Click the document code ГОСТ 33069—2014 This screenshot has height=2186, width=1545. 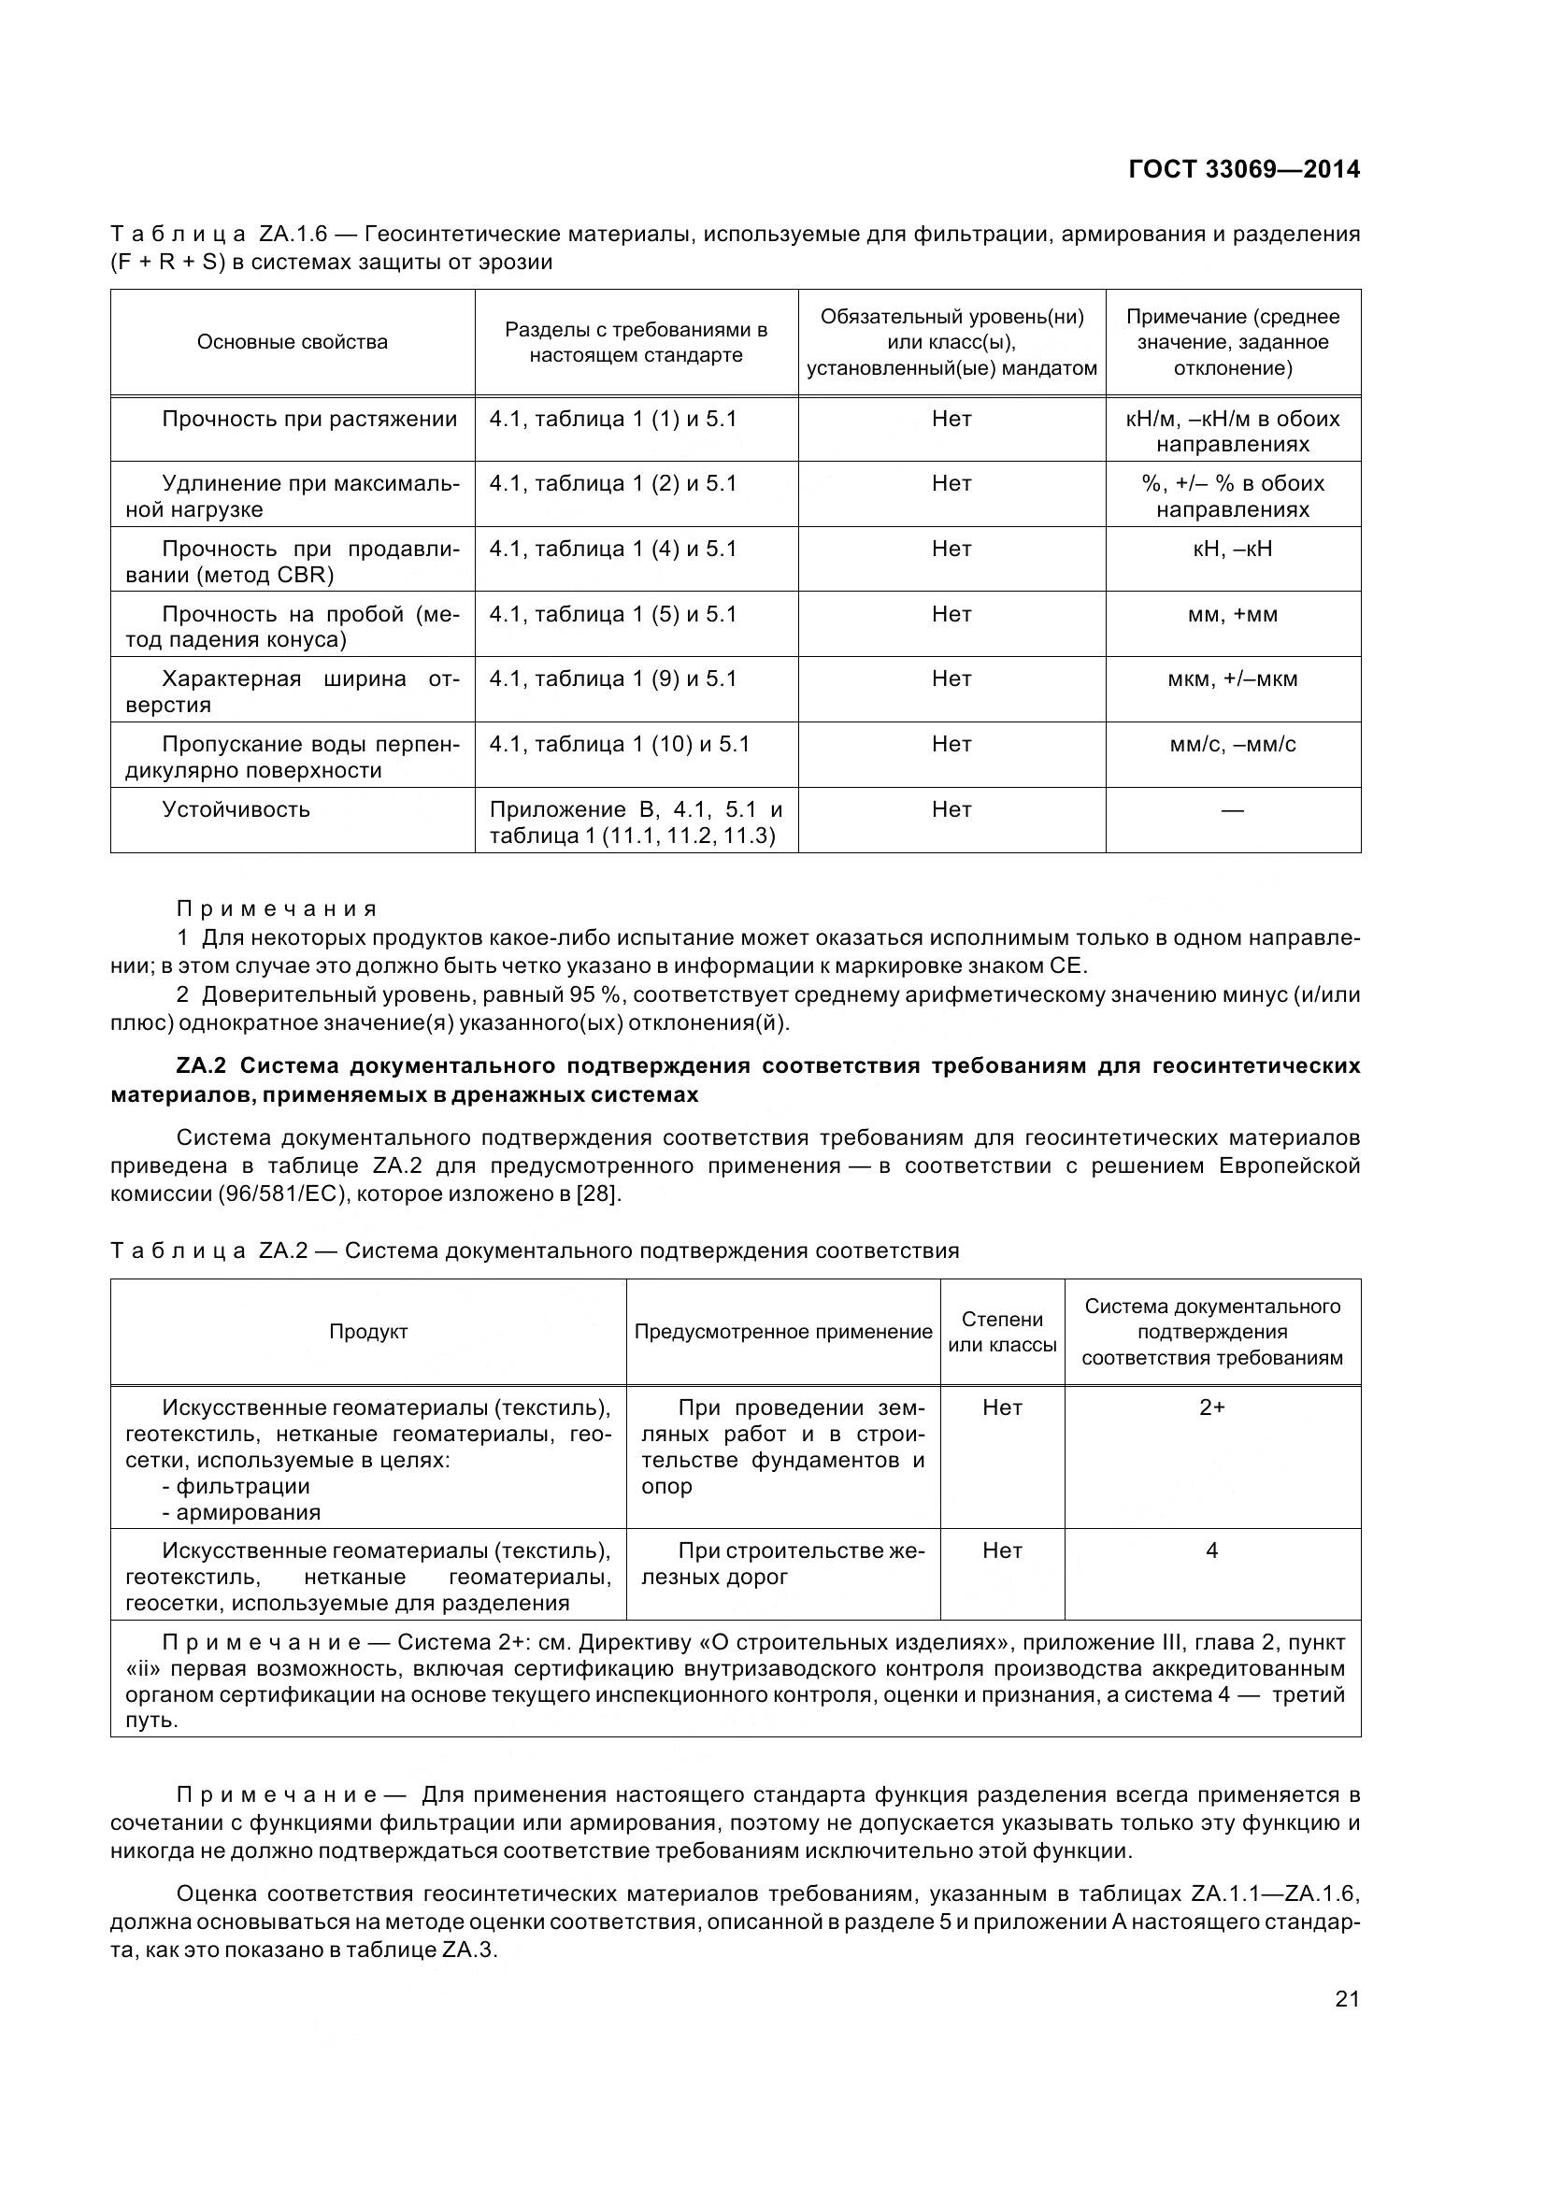[x=1243, y=169]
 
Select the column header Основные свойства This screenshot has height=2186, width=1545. [x=293, y=342]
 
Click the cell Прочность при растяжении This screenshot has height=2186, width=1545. [x=309, y=419]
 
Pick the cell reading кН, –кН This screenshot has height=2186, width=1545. [x=1232, y=549]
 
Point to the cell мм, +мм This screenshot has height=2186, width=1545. [x=1232, y=614]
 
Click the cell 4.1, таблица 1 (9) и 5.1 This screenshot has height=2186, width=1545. [x=613, y=679]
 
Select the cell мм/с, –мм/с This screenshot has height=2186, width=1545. [x=1232, y=744]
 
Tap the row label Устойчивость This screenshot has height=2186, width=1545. [x=236, y=809]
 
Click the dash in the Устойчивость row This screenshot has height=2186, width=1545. [x=1232, y=810]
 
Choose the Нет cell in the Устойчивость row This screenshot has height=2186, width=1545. [x=951, y=809]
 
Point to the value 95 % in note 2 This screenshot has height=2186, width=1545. [x=601, y=995]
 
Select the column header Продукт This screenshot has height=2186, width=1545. [x=368, y=1332]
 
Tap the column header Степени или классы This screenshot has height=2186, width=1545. [x=1001, y=1332]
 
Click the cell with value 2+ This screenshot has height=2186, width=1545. [x=1211, y=1407]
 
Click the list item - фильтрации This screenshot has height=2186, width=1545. [x=236, y=1485]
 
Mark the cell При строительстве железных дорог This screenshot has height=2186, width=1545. [x=782, y=1564]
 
